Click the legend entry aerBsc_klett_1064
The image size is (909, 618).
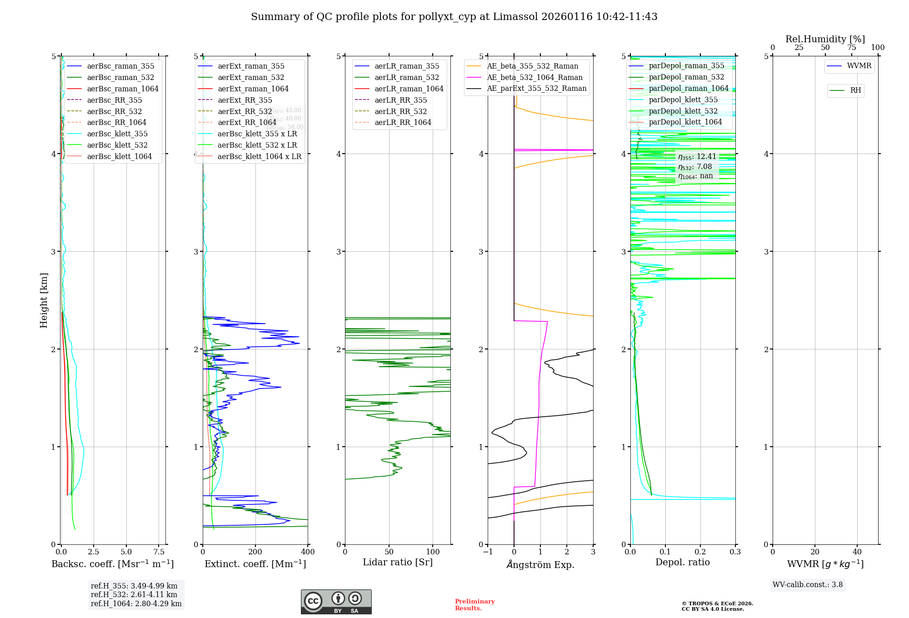[x=119, y=156]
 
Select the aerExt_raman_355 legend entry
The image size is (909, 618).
[x=251, y=66]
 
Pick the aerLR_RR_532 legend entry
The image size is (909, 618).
[x=400, y=111]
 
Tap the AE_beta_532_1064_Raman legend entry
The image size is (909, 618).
[x=534, y=77]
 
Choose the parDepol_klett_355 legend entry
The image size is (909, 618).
[x=683, y=100]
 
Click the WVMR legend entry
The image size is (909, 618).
[x=859, y=66]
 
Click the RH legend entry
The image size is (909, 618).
[x=855, y=90]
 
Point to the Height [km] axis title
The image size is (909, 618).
[x=44, y=300]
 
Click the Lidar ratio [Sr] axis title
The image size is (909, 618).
[x=398, y=562]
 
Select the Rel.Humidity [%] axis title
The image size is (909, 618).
[x=825, y=39]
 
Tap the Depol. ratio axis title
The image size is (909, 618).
[x=682, y=562]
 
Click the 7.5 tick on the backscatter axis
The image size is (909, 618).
[x=159, y=552]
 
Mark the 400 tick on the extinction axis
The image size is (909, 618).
[x=308, y=552]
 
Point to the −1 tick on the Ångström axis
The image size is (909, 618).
[x=487, y=552]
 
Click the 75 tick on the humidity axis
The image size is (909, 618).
[x=851, y=47]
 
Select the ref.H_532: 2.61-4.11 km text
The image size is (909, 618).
[x=134, y=594]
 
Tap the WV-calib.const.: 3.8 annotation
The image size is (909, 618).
[x=808, y=584]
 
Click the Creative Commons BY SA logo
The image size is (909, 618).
[x=336, y=602]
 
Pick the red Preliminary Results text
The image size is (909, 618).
[x=474, y=605]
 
